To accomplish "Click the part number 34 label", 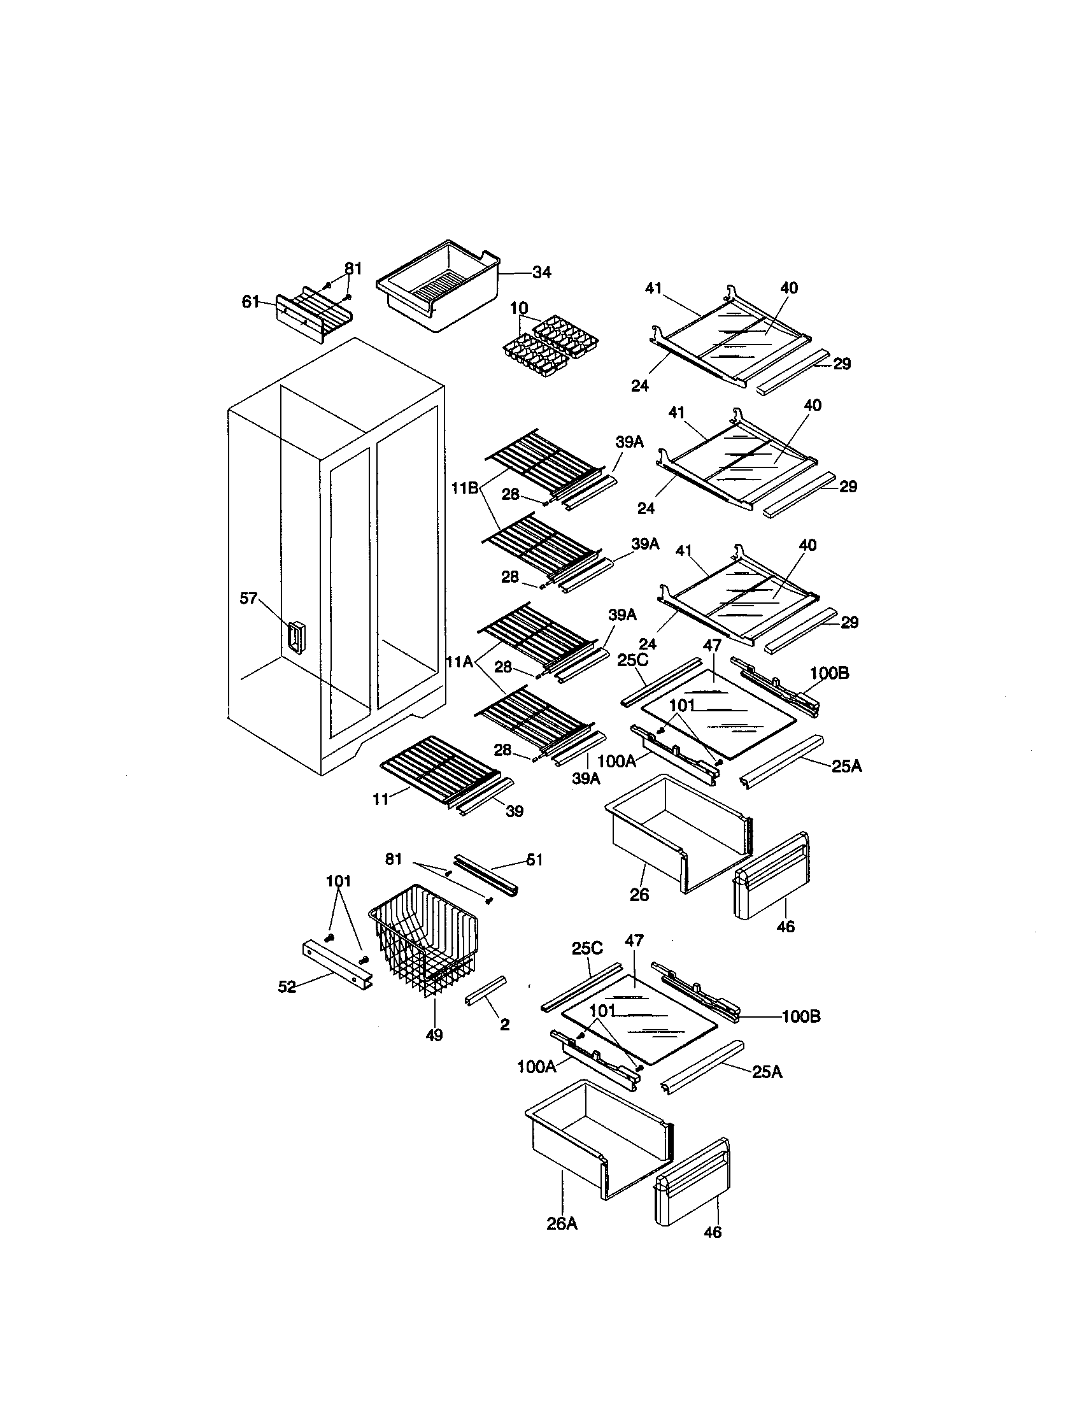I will tap(541, 273).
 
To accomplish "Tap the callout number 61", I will tap(250, 301).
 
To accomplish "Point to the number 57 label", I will tap(248, 599).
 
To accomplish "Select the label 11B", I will tap(464, 488).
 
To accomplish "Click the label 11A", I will tap(460, 662).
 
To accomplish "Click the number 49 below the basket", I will tap(434, 1035).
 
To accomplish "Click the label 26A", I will tap(562, 1224).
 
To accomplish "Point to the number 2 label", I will tap(505, 1025).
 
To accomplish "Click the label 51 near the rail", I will tap(534, 860).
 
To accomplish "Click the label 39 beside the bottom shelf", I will tap(515, 811).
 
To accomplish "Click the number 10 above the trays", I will tap(519, 309).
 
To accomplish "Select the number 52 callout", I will tap(287, 986).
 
